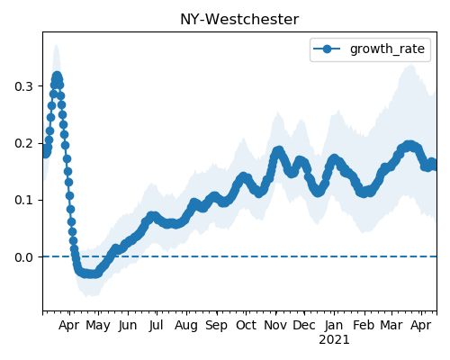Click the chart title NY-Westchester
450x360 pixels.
[x=239, y=20]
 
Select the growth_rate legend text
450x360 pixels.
[x=387, y=49]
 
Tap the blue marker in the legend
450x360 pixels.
[x=327, y=49]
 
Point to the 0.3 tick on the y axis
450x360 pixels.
[x=23, y=86]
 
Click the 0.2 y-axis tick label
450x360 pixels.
[x=23, y=143]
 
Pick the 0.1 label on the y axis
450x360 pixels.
[x=23, y=200]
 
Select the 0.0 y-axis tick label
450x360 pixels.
[x=23, y=257]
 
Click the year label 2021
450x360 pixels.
[x=334, y=340]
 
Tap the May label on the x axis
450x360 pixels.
[x=98, y=326]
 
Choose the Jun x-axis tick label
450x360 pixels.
[x=128, y=326]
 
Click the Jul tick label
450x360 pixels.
[x=157, y=326]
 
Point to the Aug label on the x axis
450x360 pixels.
[x=186, y=326]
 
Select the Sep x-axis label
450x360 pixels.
[x=216, y=326]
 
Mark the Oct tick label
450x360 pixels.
[x=246, y=326]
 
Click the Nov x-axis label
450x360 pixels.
[x=275, y=326]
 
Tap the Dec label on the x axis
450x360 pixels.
[x=304, y=326]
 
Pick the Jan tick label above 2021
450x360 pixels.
[x=334, y=326]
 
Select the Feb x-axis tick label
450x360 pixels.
[x=364, y=326]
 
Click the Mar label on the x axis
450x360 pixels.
[x=391, y=326]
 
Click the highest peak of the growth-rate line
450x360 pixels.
[x=57, y=76]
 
